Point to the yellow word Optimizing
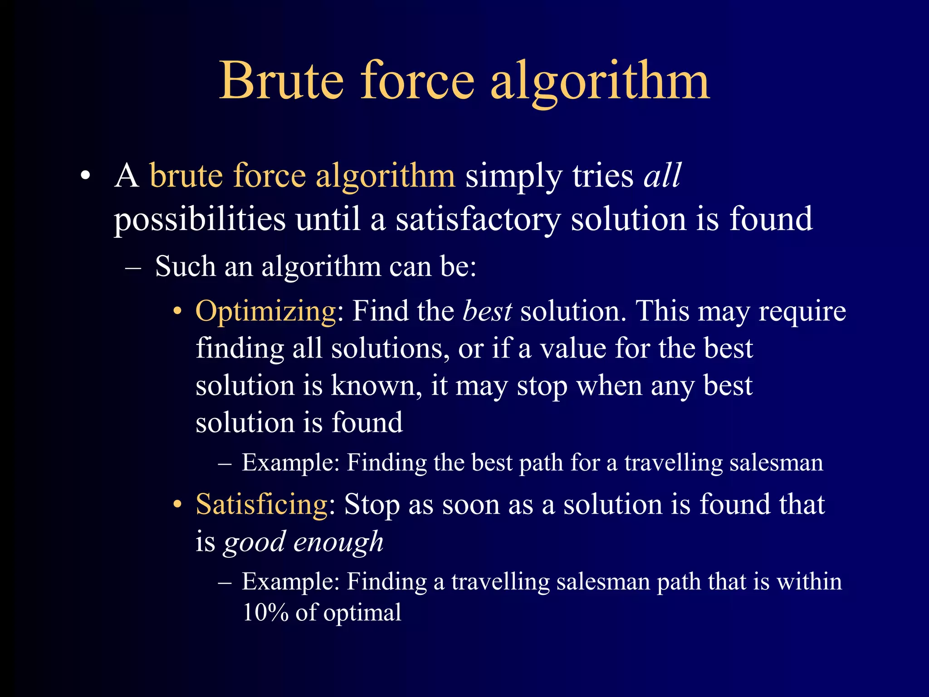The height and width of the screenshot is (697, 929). coord(266,312)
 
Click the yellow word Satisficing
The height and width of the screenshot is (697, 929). coord(262,505)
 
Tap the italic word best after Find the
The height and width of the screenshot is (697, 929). coord(487,312)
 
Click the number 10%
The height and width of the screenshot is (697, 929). coord(265,613)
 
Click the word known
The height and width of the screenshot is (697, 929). coord(373,386)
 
